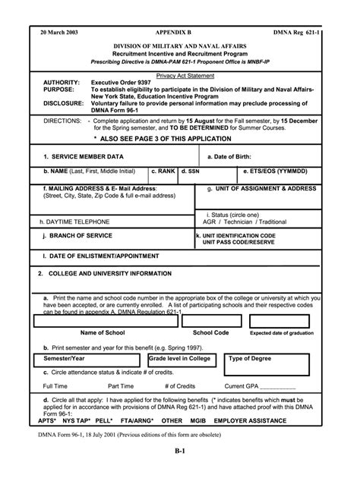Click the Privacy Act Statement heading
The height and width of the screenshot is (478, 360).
click(185, 76)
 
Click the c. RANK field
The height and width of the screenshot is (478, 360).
click(163, 172)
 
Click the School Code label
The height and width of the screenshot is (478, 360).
click(210, 332)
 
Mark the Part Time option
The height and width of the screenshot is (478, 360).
click(121, 386)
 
